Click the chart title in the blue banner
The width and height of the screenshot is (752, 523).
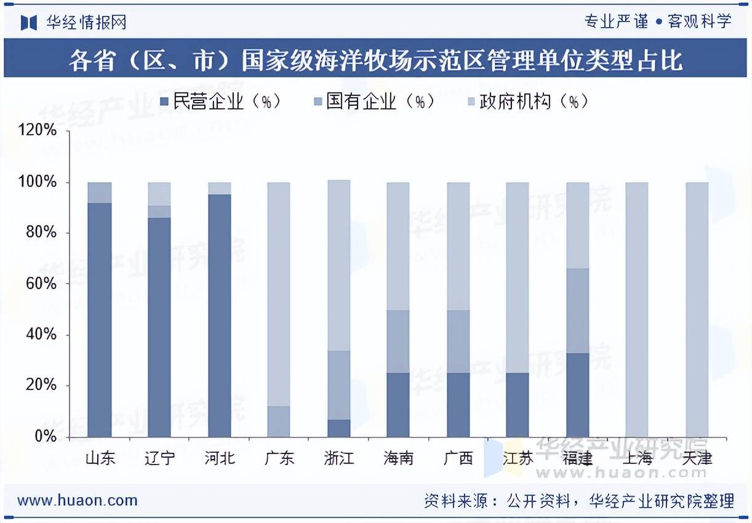375,61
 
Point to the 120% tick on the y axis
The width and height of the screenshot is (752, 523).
40,131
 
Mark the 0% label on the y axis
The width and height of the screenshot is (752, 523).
47,436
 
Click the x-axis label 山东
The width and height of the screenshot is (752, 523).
100,458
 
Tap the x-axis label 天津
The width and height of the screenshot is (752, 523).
697,458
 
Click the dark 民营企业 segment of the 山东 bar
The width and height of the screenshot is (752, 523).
100,320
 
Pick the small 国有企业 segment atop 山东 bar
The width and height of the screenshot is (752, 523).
100,193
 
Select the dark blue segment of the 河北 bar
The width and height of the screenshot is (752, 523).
220,315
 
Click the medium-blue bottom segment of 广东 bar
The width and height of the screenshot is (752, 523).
279,421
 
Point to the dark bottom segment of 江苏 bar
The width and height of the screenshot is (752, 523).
518,405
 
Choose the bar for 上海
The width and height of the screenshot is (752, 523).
637,309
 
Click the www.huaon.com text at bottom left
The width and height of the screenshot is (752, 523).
77,500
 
